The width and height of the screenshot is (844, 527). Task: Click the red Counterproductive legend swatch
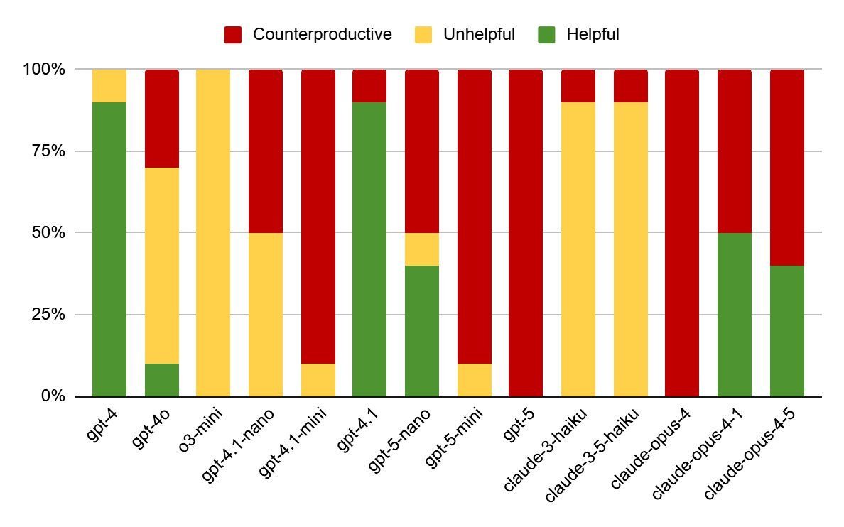(233, 34)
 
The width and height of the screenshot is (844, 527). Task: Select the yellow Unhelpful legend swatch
(423, 34)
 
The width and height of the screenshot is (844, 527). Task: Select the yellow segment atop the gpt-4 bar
(109, 86)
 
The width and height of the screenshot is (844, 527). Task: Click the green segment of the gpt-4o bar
(161, 380)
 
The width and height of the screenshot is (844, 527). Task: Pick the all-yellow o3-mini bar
(213, 233)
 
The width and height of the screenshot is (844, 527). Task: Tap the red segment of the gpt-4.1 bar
(369, 86)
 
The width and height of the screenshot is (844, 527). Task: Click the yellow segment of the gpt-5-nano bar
(421, 249)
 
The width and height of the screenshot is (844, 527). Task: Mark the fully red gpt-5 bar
(526, 233)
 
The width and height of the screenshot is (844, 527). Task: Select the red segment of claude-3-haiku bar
(578, 86)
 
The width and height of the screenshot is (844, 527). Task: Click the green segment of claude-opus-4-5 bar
(786, 331)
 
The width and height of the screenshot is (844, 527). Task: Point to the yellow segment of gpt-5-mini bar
(474, 380)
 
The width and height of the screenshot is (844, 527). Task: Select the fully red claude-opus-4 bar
(682, 233)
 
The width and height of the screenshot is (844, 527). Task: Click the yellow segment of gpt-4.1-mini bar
(318, 380)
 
